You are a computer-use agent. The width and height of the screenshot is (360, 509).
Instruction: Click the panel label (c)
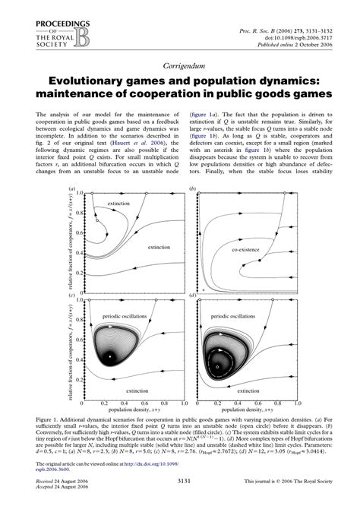tap(72, 296)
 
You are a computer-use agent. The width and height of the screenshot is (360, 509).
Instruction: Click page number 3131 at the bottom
tap(179, 482)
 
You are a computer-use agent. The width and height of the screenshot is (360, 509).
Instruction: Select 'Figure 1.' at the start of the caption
tap(49, 419)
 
